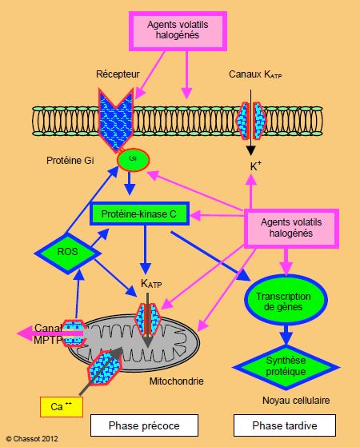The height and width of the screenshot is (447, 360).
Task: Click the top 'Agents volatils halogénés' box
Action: pyautogui.click(x=178, y=31)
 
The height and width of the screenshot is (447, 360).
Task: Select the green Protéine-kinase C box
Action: pyautogui.click(x=139, y=214)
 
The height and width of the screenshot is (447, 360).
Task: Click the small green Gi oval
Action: pyautogui.click(x=134, y=160)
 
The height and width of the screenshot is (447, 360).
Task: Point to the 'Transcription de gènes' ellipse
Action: pyautogui.click(x=286, y=300)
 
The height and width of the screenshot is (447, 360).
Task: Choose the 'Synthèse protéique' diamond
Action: pyautogui.click(x=286, y=367)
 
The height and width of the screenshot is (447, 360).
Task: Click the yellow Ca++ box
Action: pyautogui.click(x=62, y=407)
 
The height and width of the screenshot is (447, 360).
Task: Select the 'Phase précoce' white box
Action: pyautogui.click(x=144, y=425)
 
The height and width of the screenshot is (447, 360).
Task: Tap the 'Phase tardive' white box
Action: pyautogui.click(x=285, y=425)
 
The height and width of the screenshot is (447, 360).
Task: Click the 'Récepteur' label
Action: pyautogui.click(x=118, y=74)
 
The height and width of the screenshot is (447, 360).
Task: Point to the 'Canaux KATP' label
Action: pyautogui.click(x=255, y=74)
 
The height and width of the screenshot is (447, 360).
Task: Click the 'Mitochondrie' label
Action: pyautogui.click(x=176, y=381)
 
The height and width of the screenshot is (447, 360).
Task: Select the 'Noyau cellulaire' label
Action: pyautogui.click(x=296, y=401)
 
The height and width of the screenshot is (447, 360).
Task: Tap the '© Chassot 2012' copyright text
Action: pyautogui.click(x=32, y=439)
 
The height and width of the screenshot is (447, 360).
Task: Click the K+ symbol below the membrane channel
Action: pyautogui.click(x=255, y=166)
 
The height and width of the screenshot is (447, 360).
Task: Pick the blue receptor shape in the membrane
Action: pyautogui.click(x=116, y=120)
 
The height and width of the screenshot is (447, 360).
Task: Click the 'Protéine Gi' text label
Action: pyautogui.click(x=70, y=161)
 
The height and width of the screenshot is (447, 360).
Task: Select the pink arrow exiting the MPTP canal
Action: pyautogui.click(x=50, y=333)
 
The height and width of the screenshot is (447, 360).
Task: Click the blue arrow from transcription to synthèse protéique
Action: pyautogui.click(x=286, y=334)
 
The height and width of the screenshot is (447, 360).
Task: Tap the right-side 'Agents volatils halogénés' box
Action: pyautogui.click(x=291, y=229)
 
